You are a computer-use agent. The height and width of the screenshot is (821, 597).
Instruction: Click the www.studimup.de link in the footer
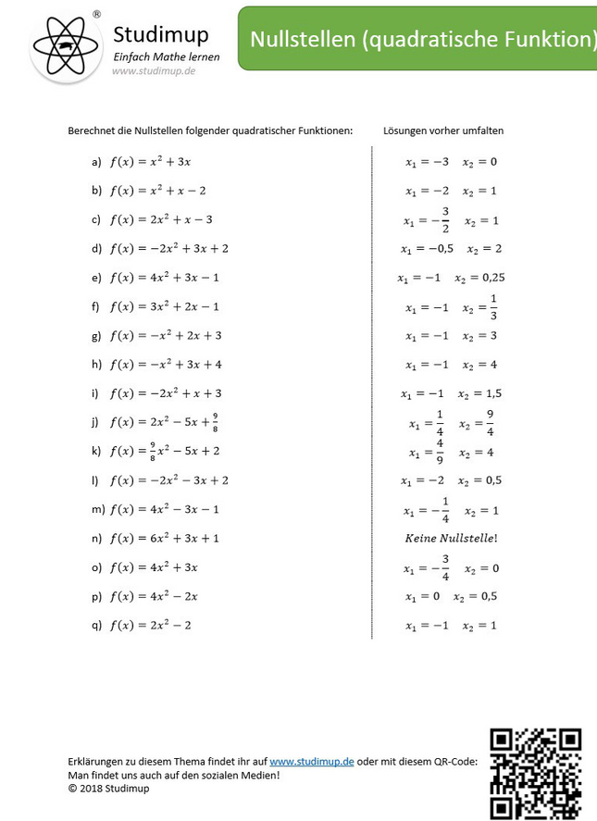[x=312, y=761]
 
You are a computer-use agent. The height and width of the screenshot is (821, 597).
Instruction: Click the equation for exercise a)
[x=150, y=162]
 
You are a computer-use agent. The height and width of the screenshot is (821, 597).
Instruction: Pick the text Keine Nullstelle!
[x=452, y=538]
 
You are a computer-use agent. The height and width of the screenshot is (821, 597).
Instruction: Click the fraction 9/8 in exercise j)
[x=215, y=422]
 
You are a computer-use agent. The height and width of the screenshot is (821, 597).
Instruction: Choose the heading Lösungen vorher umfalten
[x=443, y=131]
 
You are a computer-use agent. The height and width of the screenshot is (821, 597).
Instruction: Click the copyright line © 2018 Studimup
[x=108, y=789]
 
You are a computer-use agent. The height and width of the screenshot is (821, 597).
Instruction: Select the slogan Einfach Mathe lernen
[x=167, y=57]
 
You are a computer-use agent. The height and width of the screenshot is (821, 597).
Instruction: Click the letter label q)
[x=96, y=625]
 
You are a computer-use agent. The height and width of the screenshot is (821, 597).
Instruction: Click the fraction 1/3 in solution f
[x=493, y=306]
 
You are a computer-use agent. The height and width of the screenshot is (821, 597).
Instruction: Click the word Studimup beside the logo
[x=161, y=34]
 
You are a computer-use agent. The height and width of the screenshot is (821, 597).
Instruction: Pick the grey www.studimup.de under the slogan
[x=153, y=71]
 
